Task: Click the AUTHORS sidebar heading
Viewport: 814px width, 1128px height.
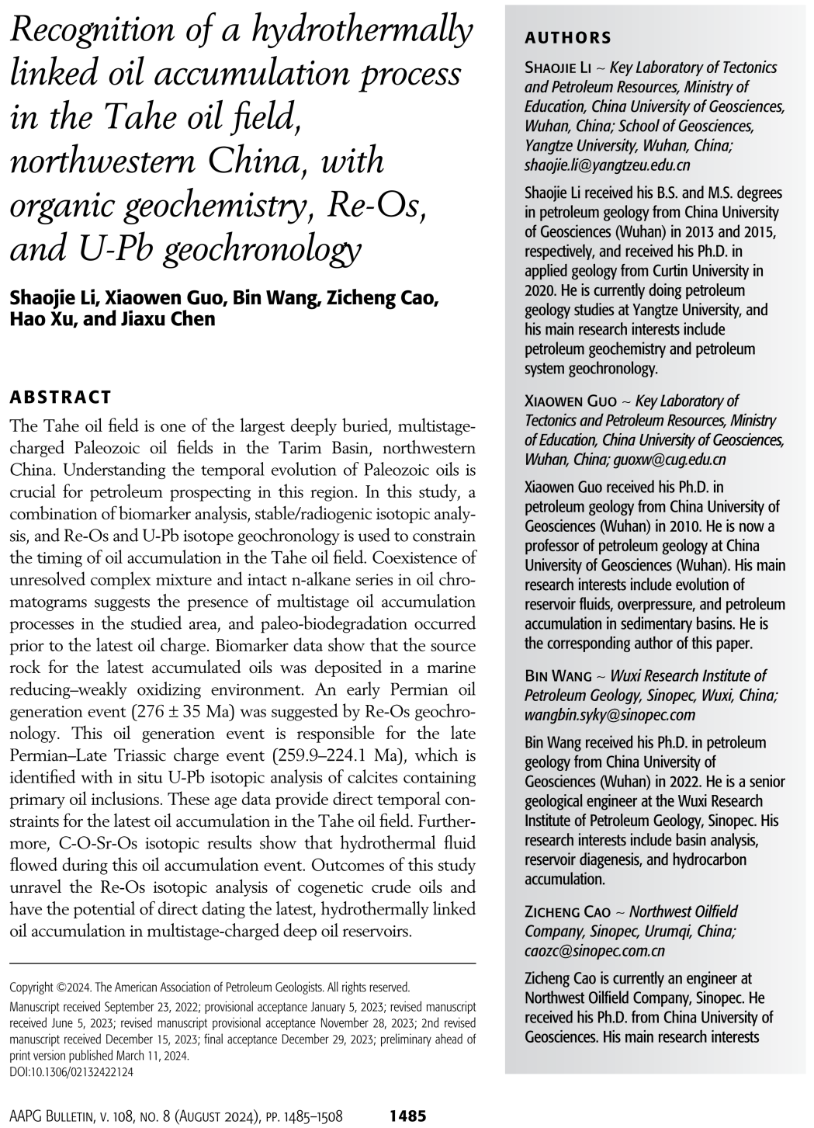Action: [567, 38]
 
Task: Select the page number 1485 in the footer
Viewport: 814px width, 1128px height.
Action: [407, 1116]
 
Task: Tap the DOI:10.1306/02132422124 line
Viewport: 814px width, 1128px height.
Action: [71, 1072]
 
